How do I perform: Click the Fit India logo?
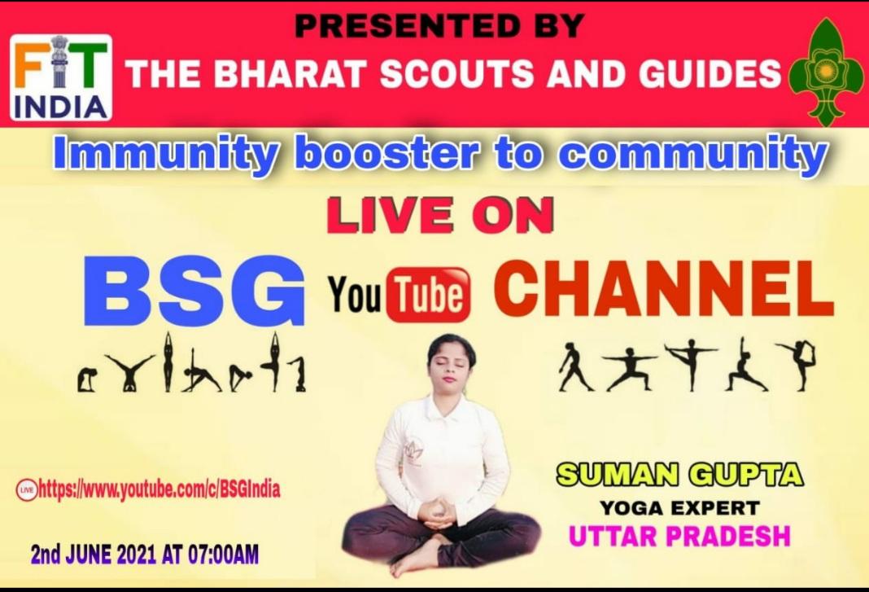(61, 77)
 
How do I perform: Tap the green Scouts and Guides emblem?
(826, 72)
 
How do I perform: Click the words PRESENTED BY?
(439, 25)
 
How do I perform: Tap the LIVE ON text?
(439, 217)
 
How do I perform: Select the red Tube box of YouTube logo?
(428, 295)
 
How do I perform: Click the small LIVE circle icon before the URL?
(27, 490)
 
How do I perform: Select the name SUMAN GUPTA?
(679, 474)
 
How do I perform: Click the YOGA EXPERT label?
(679, 508)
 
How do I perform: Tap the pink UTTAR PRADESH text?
(679, 537)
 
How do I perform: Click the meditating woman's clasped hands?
(440, 512)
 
